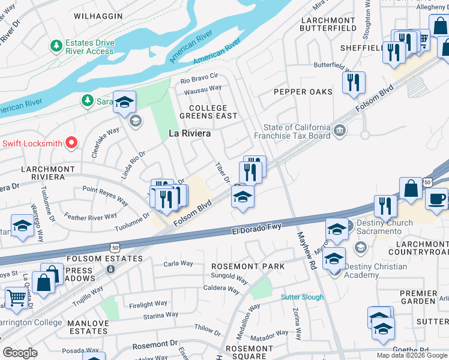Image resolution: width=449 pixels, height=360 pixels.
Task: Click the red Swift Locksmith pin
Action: click(x=71, y=143)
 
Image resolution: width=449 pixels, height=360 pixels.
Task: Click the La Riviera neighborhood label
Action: click(x=189, y=133)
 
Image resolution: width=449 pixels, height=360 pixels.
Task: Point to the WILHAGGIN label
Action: click(x=98, y=16)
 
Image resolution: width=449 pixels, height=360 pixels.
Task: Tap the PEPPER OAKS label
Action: click(x=303, y=92)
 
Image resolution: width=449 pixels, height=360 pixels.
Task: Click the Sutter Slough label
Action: click(x=303, y=297)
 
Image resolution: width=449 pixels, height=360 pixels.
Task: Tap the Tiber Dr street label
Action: click(x=223, y=172)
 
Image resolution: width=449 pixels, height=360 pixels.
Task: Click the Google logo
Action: click(x=20, y=353)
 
